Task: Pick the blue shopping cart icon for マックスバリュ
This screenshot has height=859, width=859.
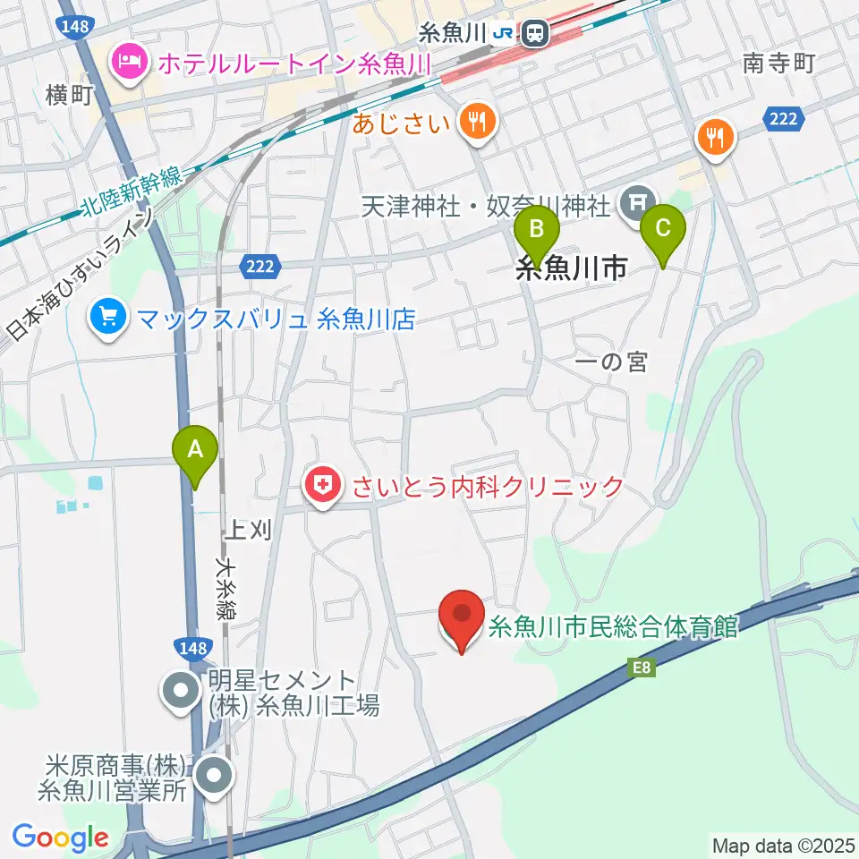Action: [x=108, y=318]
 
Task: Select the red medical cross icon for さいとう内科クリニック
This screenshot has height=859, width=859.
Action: [x=322, y=486]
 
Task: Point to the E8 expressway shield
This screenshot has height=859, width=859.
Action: [x=642, y=667]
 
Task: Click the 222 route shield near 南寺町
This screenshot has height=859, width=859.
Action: [x=781, y=118]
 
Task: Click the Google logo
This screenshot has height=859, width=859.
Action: [x=60, y=838]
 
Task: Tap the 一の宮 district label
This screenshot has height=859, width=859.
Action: [x=612, y=361]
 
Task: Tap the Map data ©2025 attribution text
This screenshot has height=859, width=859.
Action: [x=784, y=844]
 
